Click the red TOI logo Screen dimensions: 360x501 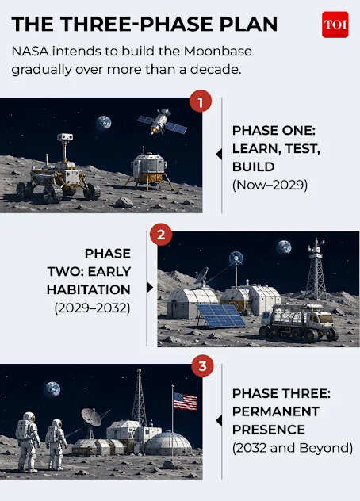[x=335, y=25]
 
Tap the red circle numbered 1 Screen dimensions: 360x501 [x=201, y=101]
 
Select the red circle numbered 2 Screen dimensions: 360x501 [x=161, y=235]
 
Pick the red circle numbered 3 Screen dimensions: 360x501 [x=203, y=366]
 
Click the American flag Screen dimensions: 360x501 [x=185, y=401]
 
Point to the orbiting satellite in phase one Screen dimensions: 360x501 [x=162, y=122]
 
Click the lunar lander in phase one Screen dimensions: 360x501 [x=149, y=168]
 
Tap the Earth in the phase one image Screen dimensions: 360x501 [x=104, y=123]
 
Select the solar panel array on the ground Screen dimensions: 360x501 [x=221, y=316]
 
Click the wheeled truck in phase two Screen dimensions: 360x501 [x=299, y=322]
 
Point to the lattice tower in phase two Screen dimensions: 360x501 [x=316, y=269]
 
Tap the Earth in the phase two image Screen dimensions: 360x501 [x=284, y=247]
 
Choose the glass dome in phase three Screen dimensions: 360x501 [x=168, y=443]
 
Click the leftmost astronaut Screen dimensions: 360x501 [x=28, y=442]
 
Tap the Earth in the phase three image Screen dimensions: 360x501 [x=52, y=389]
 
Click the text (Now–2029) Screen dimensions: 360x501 [x=270, y=185]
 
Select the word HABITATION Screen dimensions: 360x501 [x=89, y=290]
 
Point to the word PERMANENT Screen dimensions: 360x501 [x=276, y=411]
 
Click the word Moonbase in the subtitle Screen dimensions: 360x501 [x=218, y=51]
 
